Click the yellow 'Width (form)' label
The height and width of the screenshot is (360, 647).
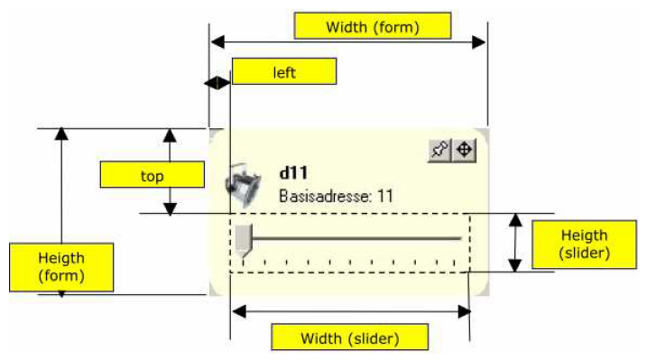click(x=373, y=26)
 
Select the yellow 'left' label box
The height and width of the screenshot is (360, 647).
click(x=284, y=71)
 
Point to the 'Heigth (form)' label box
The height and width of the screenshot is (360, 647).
click(x=60, y=267)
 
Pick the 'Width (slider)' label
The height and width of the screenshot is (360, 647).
click(x=349, y=338)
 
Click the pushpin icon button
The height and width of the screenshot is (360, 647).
click(x=439, y=151)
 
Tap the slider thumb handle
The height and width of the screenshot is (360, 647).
click(x=244, y=239)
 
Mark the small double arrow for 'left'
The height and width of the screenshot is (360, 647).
click(x=217, y=83)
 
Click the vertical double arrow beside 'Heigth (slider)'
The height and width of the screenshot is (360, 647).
click(x=514, y=243)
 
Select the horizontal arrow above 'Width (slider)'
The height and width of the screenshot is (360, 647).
click(x=351, y=311)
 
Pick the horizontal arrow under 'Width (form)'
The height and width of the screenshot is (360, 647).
click(x=348, y=41)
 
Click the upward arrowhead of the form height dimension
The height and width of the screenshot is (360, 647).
click(x=61, y=134)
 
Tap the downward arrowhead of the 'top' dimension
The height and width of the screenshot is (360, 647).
click(x=169, y=209)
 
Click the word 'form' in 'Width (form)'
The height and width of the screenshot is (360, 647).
click(x=398, y=27)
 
